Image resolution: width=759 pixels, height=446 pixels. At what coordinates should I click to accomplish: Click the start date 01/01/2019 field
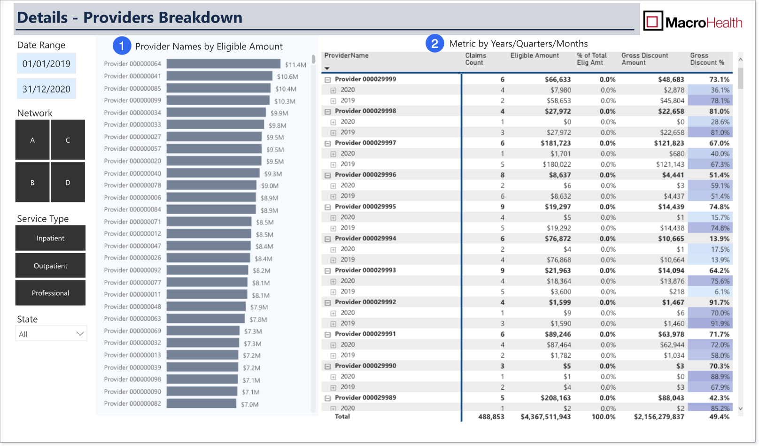[x=46, y=63]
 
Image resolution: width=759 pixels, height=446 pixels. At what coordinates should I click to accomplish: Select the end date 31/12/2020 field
[x=46, y=89]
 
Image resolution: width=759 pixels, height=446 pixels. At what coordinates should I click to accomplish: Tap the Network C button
[x=68, y=140]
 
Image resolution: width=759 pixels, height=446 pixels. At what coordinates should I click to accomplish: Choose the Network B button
[x=32, y=182]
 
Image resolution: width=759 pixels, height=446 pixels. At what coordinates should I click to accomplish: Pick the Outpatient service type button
[x=50, y=266]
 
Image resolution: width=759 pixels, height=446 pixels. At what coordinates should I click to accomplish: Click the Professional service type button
[x=50, y=293]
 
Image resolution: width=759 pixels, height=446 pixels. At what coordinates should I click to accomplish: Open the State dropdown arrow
[x=80, y=334]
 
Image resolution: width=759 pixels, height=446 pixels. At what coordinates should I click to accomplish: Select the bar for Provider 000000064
[x=223, y=64]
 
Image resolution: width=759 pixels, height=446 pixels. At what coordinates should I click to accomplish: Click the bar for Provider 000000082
[x=201, y=403]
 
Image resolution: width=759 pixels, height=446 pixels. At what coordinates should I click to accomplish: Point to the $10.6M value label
[x=287, y=77]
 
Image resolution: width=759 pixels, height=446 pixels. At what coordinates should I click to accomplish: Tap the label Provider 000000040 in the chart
[x=132, y=173]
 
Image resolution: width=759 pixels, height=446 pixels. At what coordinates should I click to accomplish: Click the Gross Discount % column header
[x=707, y=59]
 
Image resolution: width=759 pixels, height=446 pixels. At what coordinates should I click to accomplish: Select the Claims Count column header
[x=476, y=59]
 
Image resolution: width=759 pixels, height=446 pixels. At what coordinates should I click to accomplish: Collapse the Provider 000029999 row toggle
[x=328, y=80]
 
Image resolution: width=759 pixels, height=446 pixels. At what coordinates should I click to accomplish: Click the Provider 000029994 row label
[x=365, y=238]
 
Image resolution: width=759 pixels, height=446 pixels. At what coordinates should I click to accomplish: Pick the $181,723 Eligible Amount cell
[x=556, y=143]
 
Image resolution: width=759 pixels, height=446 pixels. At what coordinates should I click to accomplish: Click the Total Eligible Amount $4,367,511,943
[x=546, y=417]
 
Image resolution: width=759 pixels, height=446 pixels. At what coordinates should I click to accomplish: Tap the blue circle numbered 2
[x=435, y=43]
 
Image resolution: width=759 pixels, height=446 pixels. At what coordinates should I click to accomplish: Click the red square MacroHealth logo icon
[x=653, y=21]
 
